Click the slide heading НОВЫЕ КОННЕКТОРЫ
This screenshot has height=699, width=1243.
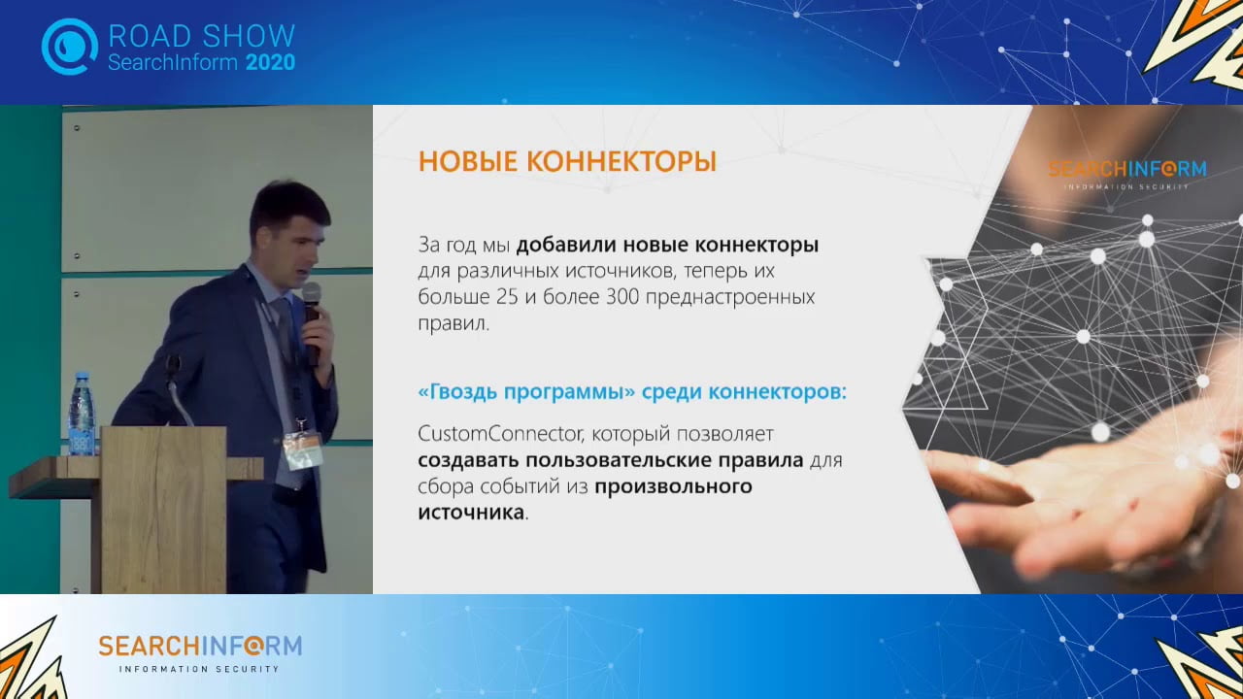pos(567,162)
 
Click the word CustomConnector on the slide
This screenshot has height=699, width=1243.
pos(491,432)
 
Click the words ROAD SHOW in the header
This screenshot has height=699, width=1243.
pos(201,36)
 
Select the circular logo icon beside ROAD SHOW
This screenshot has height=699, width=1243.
pos(69,46)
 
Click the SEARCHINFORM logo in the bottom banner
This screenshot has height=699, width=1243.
pos(200,646)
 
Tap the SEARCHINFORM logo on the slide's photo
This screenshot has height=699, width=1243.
pos(1126,169)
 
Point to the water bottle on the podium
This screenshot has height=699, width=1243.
pos(82,414)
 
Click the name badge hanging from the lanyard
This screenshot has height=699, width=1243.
pos(302,449)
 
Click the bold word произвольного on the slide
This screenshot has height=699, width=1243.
pos(673,486)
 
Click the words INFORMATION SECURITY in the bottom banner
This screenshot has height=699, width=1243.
pos(199,669)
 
